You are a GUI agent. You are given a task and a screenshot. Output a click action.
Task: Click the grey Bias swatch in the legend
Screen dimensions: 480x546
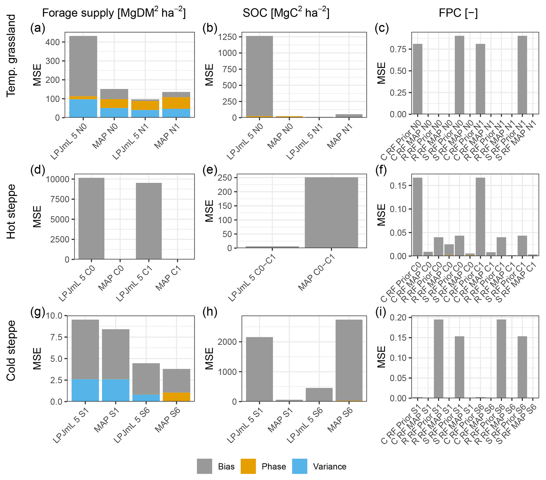204,466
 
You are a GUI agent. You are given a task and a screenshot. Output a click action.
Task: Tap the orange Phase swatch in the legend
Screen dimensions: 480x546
248,466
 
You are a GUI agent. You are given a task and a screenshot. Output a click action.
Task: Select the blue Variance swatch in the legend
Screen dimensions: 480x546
300,466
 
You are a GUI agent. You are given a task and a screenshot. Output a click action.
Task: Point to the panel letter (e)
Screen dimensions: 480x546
210,170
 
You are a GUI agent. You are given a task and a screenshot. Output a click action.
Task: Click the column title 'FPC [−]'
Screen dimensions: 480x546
458,13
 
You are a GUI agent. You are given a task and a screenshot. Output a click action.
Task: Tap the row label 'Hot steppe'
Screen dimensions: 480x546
11,212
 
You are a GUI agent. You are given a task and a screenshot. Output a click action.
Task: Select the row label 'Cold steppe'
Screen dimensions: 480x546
11,351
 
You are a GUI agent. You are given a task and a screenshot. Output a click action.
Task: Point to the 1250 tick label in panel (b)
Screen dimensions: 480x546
227,37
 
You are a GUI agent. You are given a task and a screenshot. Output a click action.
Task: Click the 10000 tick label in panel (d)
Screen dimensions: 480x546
58,179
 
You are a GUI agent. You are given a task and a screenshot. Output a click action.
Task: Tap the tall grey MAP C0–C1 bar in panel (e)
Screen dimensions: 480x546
331,212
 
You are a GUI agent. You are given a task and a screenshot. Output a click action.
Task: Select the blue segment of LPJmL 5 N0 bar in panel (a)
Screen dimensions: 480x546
83,108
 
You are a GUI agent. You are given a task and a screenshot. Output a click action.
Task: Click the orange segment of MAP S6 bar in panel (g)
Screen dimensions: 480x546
176,397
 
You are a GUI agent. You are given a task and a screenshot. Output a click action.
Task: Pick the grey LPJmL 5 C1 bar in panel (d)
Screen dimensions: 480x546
149,221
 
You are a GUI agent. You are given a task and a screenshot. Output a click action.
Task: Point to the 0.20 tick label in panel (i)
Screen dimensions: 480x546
398,317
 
